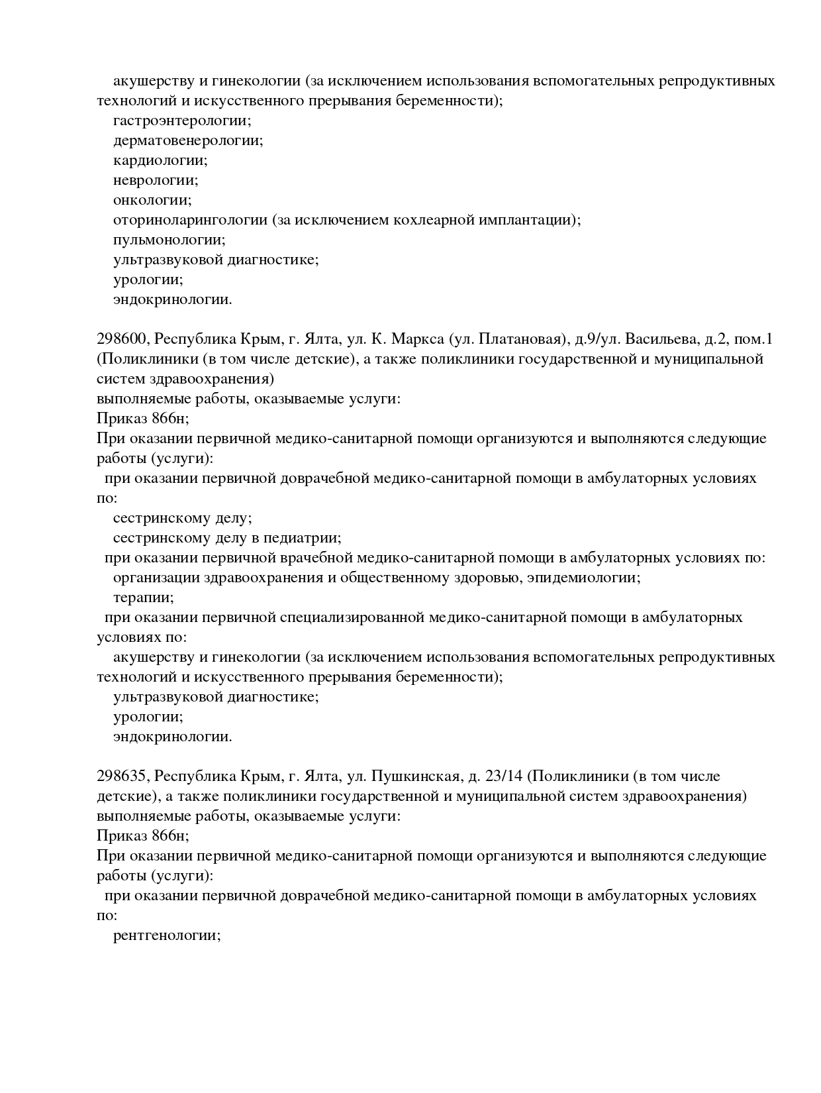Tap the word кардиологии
[x=160, y=161]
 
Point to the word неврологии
[x=155, y=181]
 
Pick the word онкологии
[x=152, y=201]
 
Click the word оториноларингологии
[x=190, y=221]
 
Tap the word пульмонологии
[x=169, y=240]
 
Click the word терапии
[x=143, y=598]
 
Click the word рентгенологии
[x=166, y=936]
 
